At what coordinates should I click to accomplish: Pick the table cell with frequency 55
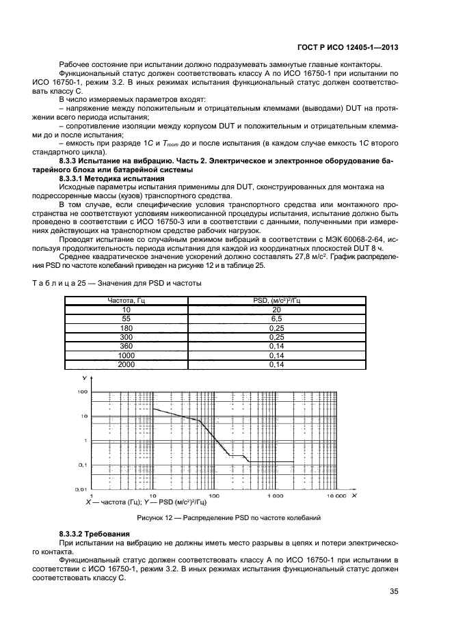click(x=124, y=318)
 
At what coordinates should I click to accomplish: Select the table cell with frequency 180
click(x=124, y=328)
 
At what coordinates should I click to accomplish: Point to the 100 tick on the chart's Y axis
click(x=82, y=392)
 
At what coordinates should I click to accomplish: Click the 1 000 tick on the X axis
click(x=276, y=495)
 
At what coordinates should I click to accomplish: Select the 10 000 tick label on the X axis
click(x=336, y=495)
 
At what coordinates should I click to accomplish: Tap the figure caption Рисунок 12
click(x=228, y=517)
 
